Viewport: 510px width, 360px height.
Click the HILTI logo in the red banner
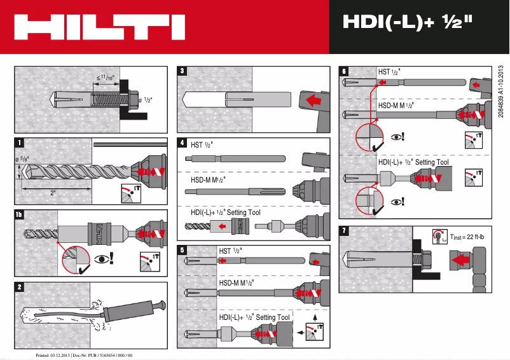(99, 27)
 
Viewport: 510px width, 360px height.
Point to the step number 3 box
(182, 71)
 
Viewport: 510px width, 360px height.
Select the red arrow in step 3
(311, 100)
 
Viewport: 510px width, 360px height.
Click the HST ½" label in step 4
(202, 144)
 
